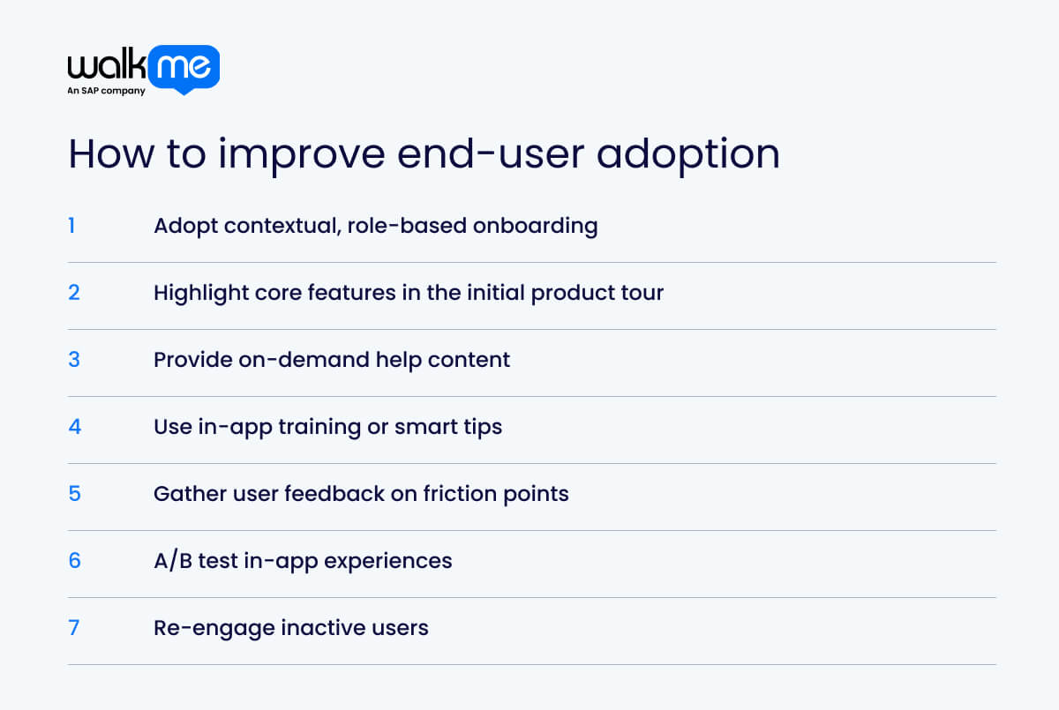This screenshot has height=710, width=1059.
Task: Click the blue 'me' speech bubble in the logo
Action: click(x=184, y=68)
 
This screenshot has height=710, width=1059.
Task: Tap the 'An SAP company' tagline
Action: click(x=106, y=91)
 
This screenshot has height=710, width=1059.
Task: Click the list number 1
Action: click(x=71, y=226)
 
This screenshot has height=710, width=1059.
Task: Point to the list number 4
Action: click(x=74, y=427)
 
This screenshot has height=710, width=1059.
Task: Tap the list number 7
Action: click(x=74, y=628)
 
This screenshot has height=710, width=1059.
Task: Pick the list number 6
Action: click(x=74, y=561)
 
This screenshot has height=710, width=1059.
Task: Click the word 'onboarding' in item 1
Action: click(x=536, y=226)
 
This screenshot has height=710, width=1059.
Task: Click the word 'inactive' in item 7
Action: click(x=317, y=628)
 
